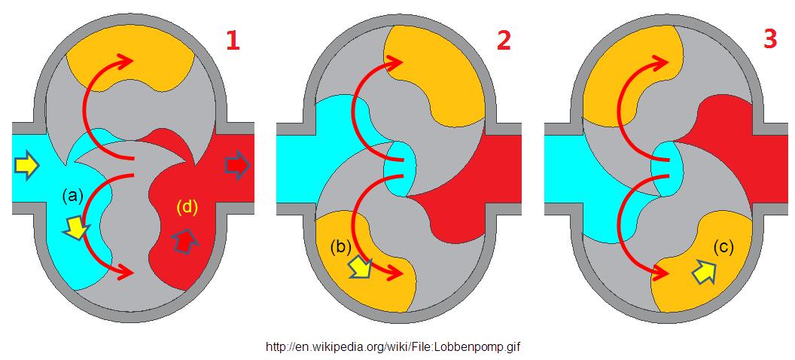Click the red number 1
233,39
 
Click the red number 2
503,39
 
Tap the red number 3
769,39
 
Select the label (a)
72,196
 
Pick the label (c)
723,246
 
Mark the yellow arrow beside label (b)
358,267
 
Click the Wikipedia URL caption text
394,347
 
